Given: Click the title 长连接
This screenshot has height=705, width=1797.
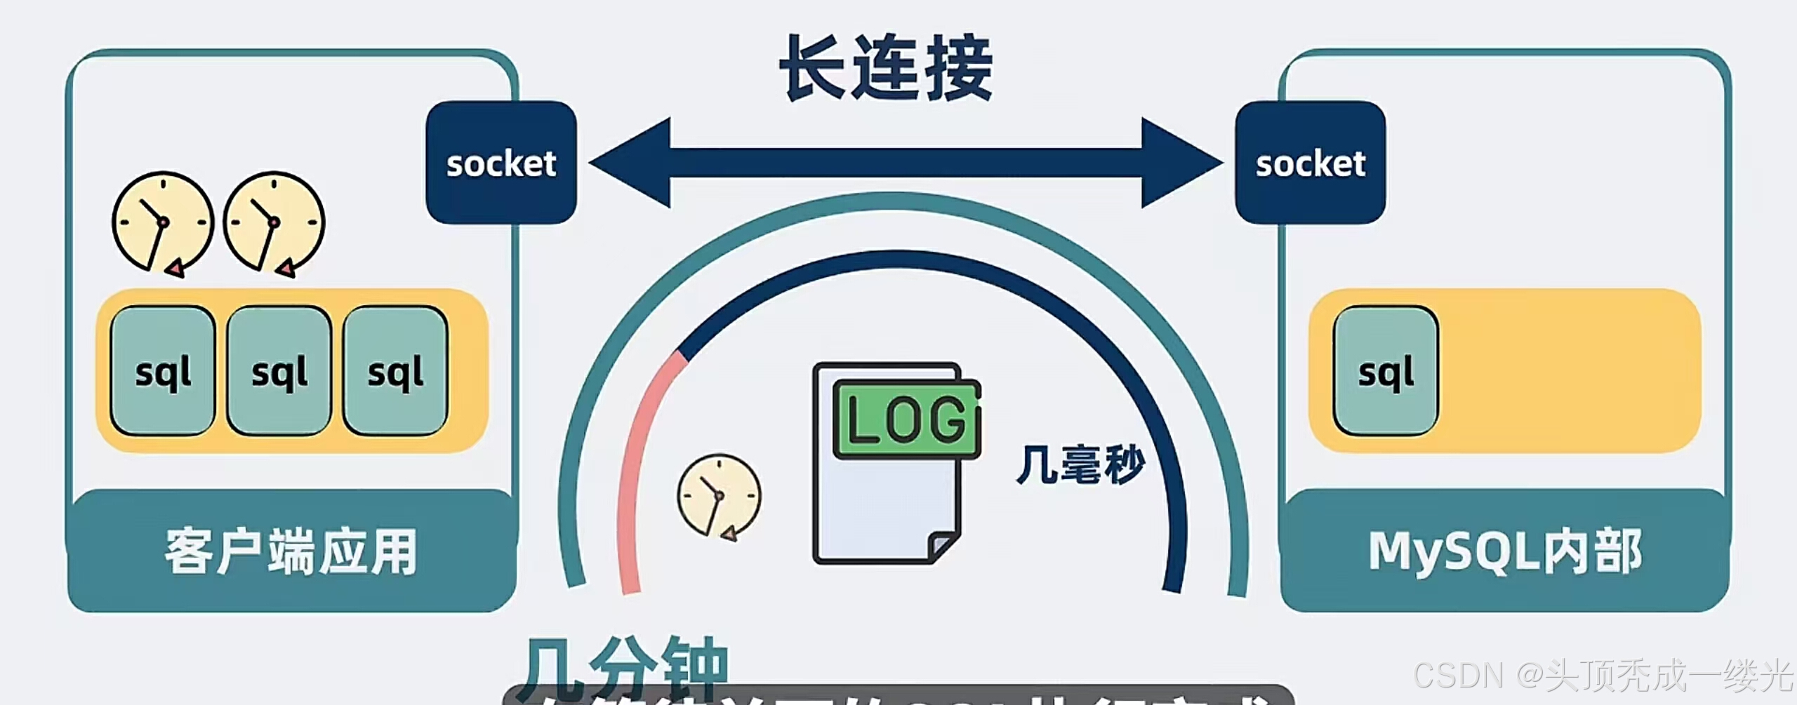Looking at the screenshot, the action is click(886, 69).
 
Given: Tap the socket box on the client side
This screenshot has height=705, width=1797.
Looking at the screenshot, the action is click(501, 163).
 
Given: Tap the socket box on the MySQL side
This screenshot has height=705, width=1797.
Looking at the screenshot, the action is click(1310, 163).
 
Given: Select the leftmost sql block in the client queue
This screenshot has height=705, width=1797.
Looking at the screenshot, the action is click(163, 371).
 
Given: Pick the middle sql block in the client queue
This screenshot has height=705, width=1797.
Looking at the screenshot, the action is click(279, 371).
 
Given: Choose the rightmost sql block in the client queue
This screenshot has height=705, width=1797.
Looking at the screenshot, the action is click(395, 371).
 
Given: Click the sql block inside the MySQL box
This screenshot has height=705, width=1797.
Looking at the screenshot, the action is click(1386, 371).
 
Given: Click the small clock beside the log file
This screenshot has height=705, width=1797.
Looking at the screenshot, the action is click(719, 496).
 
